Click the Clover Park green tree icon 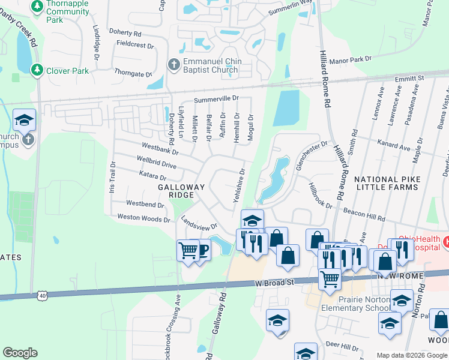(x=37, y=71)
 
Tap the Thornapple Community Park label (x=63, y=12)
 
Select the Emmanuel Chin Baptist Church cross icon (x=173, y=64)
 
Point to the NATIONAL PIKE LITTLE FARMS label (x=385, y=183)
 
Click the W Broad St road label (x=275, y=282)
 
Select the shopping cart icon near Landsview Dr (x=188, y=250)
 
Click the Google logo (x=20, y=353)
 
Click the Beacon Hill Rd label (x=364, y=211)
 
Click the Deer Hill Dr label (x=341, y=345)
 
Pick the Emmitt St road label (x=410, y=78)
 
